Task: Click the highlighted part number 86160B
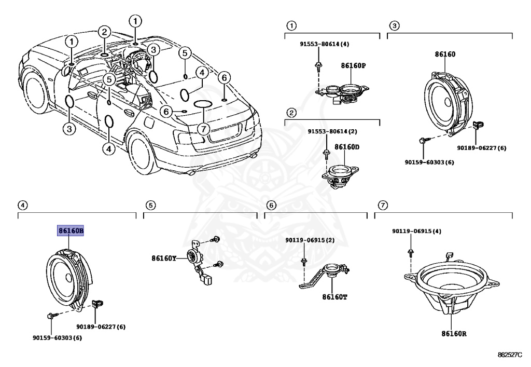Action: point(71,230)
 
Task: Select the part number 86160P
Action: point(353,66)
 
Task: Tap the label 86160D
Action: point(347,147)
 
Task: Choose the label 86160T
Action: point(334,297)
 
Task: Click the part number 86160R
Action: point(454,334)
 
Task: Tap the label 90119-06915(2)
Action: point(310,240)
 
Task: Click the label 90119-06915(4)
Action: point(416,231)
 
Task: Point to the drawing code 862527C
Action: point(510,355)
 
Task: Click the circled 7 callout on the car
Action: point(203,128)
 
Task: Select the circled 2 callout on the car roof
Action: point(104,32)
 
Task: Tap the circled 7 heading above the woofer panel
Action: point(382,206)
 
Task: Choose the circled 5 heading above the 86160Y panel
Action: point(150,206)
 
